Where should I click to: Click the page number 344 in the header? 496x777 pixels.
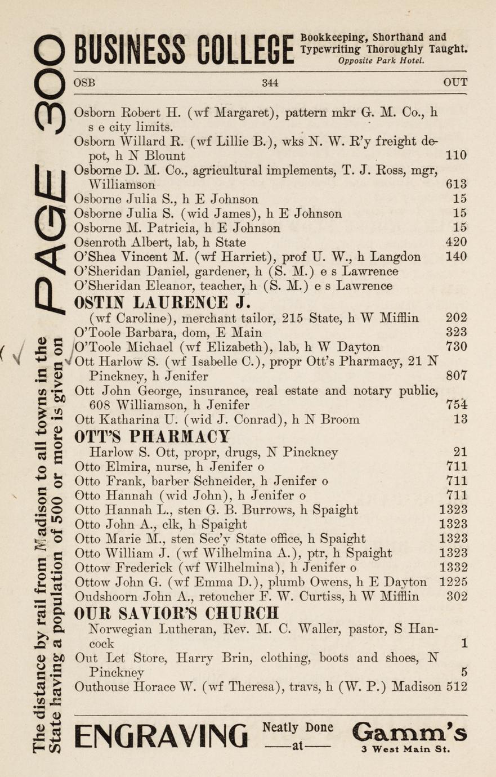[270, 82]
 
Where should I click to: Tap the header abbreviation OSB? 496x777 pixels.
[84, 82]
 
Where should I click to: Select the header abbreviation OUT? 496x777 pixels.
[455, 82]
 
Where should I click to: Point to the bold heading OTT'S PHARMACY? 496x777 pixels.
[152, 436]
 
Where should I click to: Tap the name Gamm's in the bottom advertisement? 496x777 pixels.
[409, 732]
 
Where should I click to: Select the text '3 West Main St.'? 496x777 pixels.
[406, 749]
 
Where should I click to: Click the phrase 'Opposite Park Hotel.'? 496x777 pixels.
[381, 61]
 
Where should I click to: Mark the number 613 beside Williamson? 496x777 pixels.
[455, 184]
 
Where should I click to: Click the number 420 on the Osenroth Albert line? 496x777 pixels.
[455, 243]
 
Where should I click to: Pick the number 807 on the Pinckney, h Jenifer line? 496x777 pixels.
[455, 376]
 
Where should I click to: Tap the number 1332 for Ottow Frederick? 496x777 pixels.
[453, 567]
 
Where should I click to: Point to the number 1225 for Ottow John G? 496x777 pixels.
[453, 582]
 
